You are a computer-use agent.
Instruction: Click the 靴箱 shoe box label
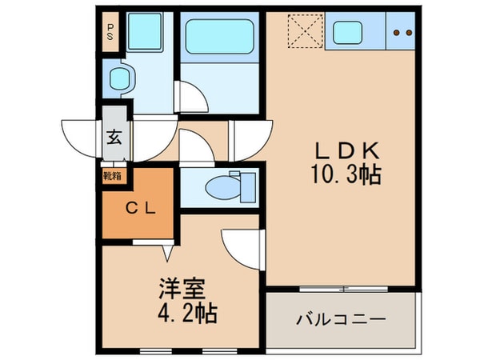click(x=111, y=174)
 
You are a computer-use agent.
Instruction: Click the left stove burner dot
click(x=398, y=34)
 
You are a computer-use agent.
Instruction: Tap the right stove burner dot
click(x=408, y=34)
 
